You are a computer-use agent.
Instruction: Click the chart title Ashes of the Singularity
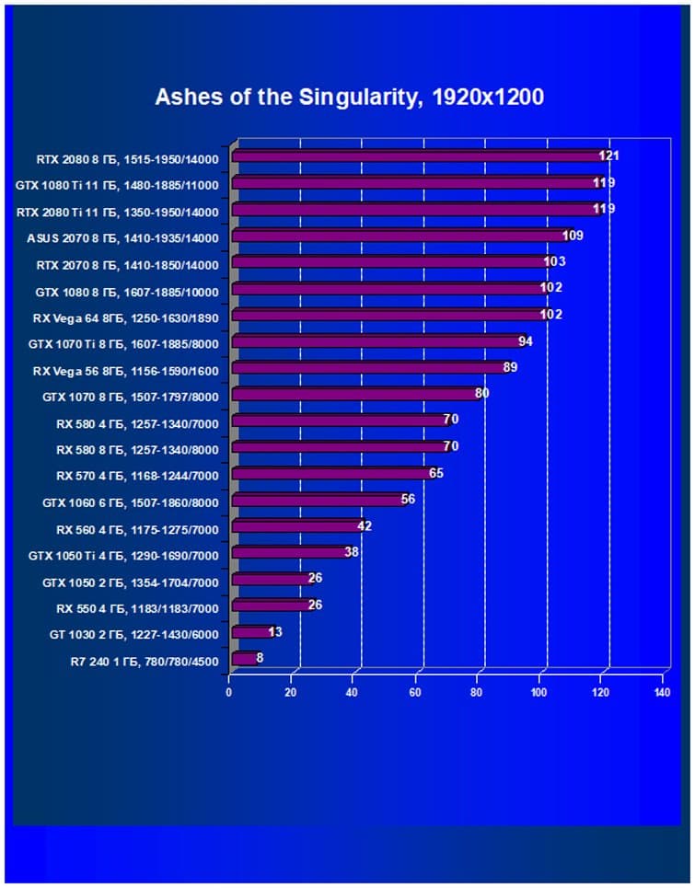349,97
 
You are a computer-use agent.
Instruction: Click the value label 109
573,236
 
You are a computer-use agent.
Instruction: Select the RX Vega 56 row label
125,371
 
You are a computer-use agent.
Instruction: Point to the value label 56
409,500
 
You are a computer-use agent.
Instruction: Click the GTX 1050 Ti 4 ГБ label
130,556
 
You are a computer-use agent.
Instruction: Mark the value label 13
275,632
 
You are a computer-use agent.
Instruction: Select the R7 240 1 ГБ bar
245,658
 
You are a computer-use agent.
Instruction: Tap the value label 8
261,658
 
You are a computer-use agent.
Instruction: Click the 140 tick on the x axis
662,692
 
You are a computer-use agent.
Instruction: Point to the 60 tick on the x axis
416,692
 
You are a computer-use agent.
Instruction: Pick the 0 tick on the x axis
229,692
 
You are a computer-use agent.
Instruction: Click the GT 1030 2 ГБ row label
133,634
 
